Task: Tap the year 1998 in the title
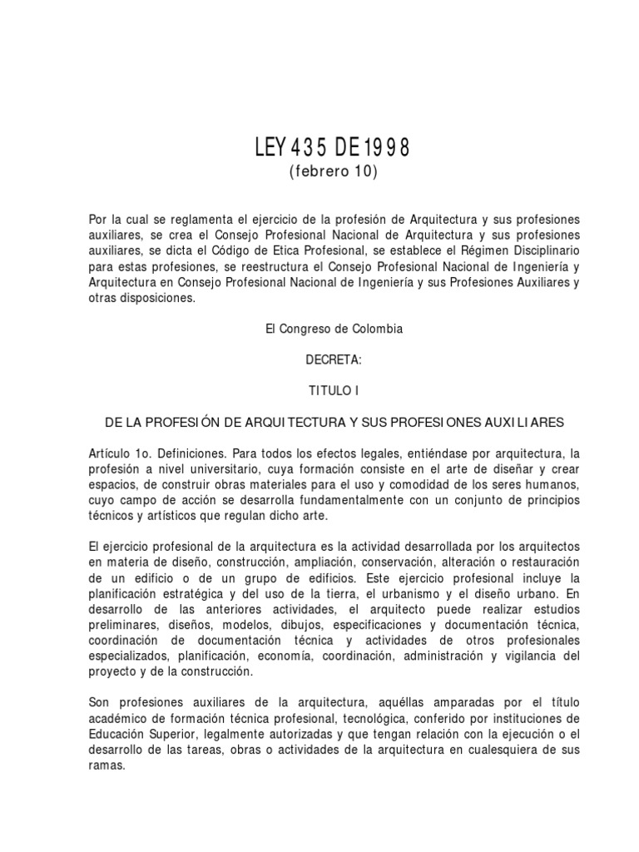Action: (387, 149)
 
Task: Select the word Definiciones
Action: (181, 453)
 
